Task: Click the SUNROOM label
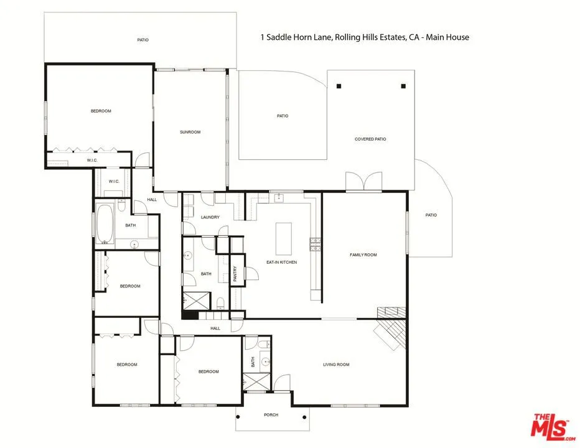tap(190, 132)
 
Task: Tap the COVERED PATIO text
tap(370, 139)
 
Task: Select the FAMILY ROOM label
tap(363, 254)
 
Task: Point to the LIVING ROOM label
tap(336, 365)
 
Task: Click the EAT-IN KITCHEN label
tap(282, 262)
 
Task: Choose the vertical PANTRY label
tap(235, 275)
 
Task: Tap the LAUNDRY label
tap(210, 217)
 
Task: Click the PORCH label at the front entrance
tap(271, 415)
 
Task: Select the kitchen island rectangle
tap(284, 238)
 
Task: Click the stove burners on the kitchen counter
tap(316, 245)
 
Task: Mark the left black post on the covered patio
tap(339, 86)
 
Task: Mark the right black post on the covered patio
tap(403, 86)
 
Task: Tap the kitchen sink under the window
tap(279, 198)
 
